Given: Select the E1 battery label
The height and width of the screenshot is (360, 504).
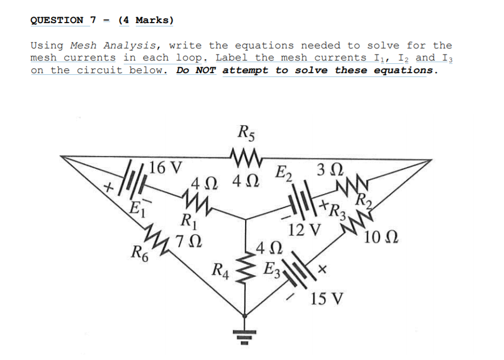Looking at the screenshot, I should (x=134, y=208).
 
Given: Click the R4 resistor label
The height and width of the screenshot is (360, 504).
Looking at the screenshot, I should (x=221, y=269).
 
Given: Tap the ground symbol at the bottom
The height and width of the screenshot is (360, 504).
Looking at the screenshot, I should (x=244, y=333).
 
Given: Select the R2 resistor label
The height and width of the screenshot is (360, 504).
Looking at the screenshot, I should (x=364, y=201).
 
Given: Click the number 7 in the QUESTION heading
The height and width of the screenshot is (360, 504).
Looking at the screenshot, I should (x=93, y=20).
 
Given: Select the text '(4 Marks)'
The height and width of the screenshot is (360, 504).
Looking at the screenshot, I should (x=146, y=20).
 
